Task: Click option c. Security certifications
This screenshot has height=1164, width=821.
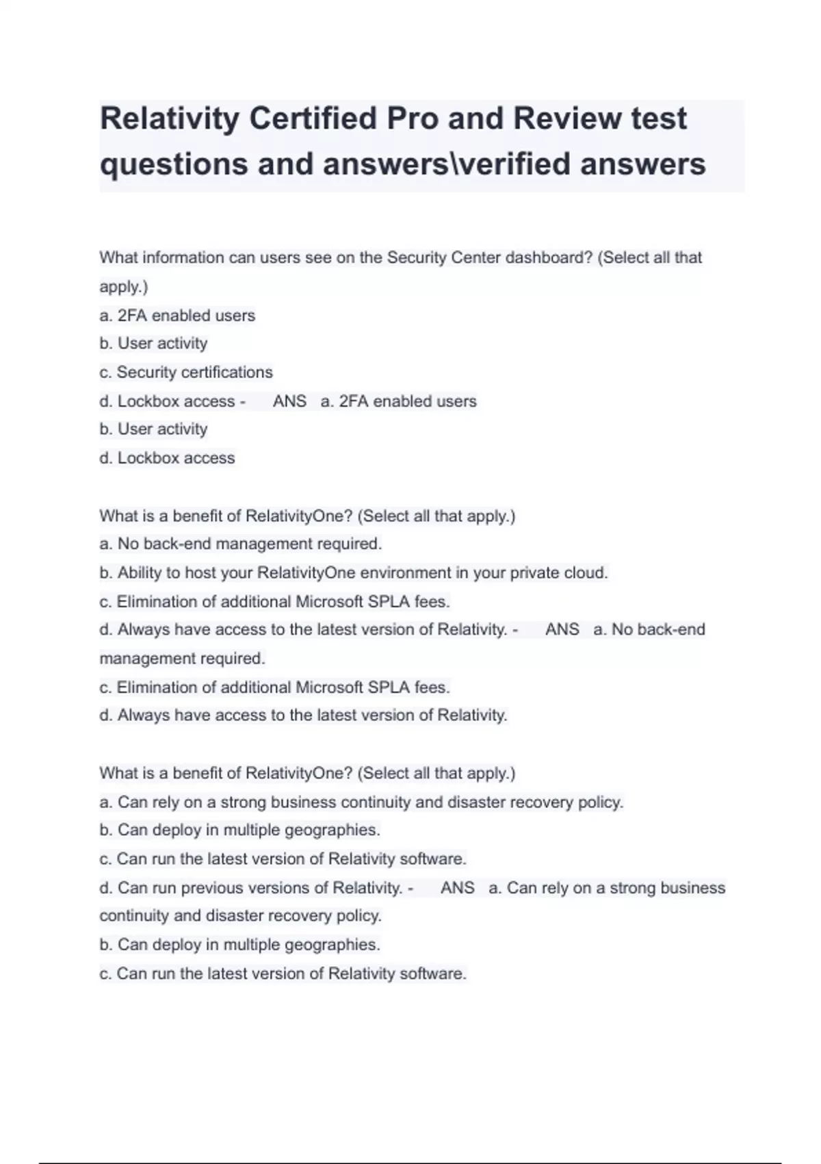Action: [x=186, y=372]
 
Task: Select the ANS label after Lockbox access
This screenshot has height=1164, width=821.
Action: [x=289, y=401]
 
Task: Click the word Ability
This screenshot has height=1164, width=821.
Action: [x=140, y=572]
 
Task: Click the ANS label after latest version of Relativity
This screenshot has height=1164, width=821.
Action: [x=562, y=629]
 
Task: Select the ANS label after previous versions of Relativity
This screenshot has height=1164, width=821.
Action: [x=458, y=887]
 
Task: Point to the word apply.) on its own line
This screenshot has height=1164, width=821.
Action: [x=124, y=286]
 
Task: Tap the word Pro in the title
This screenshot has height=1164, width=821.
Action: [x=413, y=118]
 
